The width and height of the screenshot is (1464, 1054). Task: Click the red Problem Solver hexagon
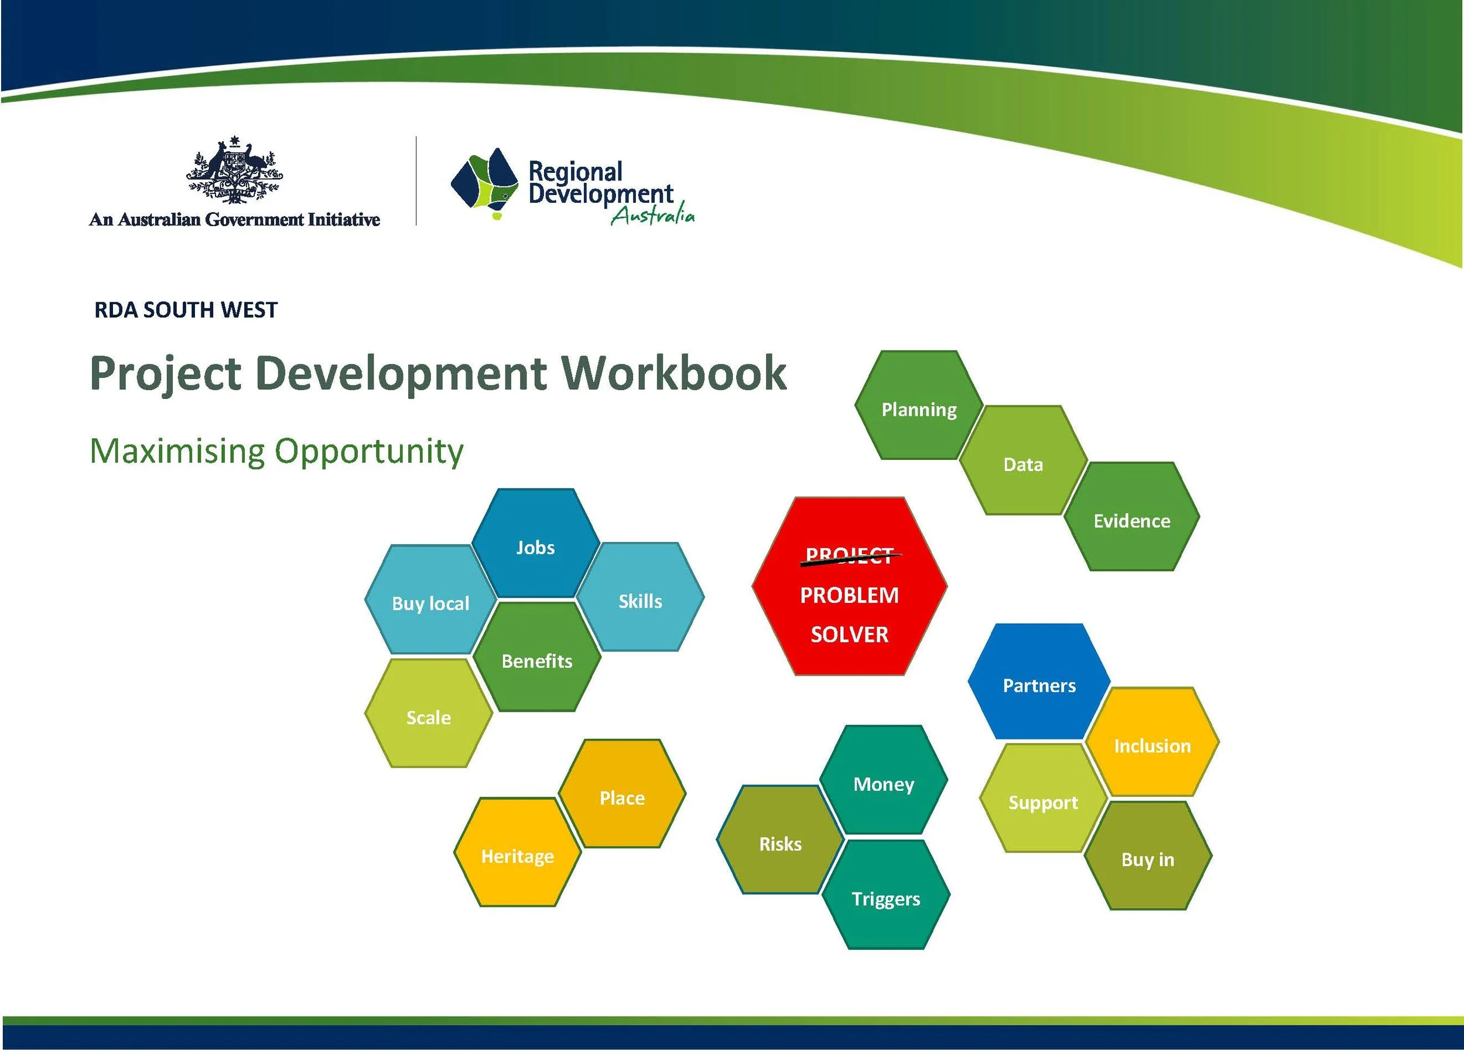tap(850, 586)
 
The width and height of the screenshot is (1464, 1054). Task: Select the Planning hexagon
tap(919, 405)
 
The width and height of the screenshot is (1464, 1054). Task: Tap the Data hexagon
tap(1023, 461)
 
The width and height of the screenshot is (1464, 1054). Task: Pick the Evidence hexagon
tap(1131, 517)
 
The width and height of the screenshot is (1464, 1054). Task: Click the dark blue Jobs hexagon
tap(536, 543)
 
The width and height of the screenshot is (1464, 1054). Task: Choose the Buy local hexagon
tap(430, 599)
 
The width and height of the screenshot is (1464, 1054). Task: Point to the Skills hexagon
tap(640, 597)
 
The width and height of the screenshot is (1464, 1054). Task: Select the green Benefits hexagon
tap(537, 657)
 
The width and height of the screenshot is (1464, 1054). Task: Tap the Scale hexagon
tap(429, 713)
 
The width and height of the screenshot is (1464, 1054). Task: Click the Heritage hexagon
tap(518, 852)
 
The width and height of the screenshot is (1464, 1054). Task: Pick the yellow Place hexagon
tap(622, 794)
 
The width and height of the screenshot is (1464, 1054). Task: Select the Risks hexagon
tap(781, 840)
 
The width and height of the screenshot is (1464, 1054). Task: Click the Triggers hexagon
tap(886, 895)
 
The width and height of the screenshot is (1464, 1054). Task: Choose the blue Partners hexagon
tap(1039, 681)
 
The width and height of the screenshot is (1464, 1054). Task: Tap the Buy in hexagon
tap(1148, 856)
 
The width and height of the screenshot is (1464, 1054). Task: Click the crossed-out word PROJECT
tap(850, 556)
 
